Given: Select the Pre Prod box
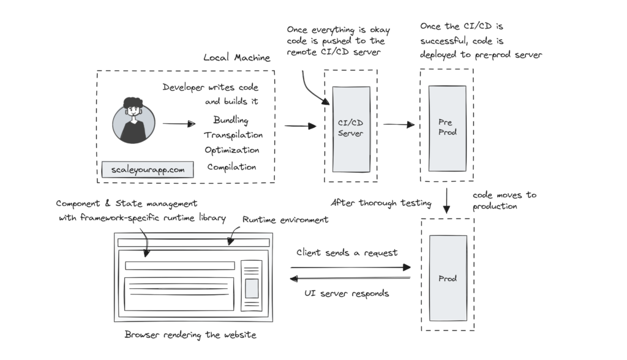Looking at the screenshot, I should coord(447,127).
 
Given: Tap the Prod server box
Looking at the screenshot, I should coord(448,279).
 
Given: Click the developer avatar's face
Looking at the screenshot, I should coord(133,112).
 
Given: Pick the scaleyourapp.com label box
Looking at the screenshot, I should coord(148,169).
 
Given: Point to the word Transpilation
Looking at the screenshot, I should coord(233,135).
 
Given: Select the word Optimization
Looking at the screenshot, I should coord(232,151).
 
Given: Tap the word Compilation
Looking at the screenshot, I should coord(231,167).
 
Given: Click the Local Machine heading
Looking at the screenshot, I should coord(236,58).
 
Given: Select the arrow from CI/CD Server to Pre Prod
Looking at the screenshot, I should coord(399,124).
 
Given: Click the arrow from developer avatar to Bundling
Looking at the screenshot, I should coord(178,124).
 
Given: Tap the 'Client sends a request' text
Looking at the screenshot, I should coord(347,252).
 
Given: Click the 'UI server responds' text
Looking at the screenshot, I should coord(347,293).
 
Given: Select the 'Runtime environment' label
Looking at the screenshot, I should coord(285,219).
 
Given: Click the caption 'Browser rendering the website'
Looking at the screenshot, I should coord(190,334).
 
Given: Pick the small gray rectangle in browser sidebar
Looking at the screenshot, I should coord(252,288).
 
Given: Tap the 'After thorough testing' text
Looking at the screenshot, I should coord(381,203).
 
